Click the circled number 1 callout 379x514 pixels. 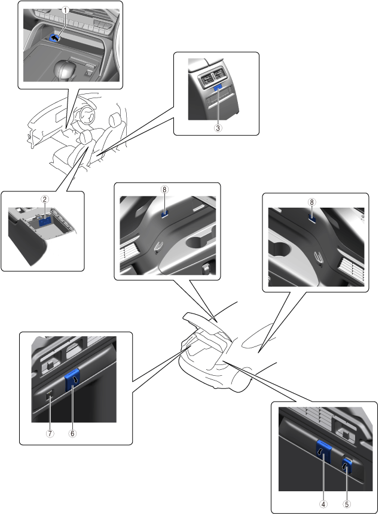[66, 10]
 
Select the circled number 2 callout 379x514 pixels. [45, 199]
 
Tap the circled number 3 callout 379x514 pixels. [218, 128]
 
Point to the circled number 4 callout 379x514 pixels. [323, 504]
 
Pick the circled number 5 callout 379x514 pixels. [346, 504]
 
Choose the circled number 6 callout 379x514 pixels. [72, 433]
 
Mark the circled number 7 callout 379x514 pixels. [50, 433]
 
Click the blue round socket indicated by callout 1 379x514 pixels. [55, 38]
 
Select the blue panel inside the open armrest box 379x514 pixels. [45, 221]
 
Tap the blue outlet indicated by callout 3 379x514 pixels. [218, 87]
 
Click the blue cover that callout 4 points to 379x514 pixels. [323, 452]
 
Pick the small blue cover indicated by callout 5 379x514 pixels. [347, 466]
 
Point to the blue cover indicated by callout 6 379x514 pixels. [72, 379]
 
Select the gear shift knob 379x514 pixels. [65, 68]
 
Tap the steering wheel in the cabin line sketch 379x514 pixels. [87, 114]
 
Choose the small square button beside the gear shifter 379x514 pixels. [88, 73]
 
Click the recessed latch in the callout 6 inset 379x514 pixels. [49, 363]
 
